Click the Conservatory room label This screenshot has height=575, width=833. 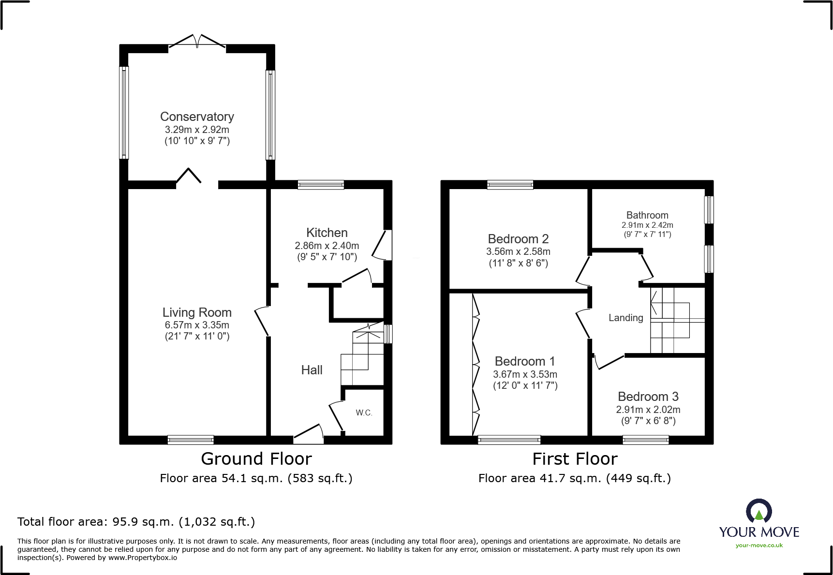coord(197,117)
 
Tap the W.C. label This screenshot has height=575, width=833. coord(364,413)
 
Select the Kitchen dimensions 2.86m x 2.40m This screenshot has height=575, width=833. coord(327,246)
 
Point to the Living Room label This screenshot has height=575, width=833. coord(197,312)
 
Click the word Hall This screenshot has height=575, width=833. coord(312,370)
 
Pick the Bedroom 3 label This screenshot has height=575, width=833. coord(648,397)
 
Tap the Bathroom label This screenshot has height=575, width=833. coord(647,215)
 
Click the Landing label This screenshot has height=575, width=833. coord(626,318)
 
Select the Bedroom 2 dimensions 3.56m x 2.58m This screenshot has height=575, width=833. coord(518,252)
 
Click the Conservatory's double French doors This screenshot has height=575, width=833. coord(197,42)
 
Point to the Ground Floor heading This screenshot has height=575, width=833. coord(256,458)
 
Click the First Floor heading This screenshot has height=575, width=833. coord(575,458)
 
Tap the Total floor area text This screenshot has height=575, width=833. coord(136,522)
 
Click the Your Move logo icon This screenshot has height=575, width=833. coord(759,511)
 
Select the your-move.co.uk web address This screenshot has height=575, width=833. coord(759,546)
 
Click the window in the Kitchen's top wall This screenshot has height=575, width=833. coord(321,184)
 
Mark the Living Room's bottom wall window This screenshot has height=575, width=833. coord(191,440)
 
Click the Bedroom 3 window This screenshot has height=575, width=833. coord(646,440)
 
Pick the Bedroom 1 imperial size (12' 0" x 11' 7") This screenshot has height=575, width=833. coord(525,385)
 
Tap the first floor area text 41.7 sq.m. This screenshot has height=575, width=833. coord(575,478)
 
